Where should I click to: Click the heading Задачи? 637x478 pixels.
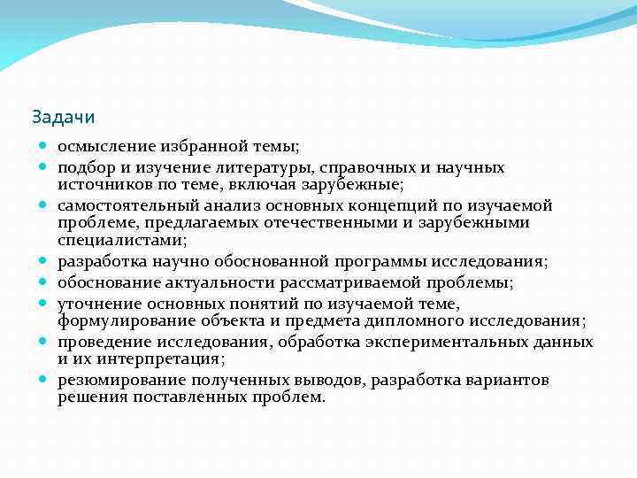click(x=63, y=116)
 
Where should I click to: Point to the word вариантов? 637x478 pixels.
click(x=505, y=380)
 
